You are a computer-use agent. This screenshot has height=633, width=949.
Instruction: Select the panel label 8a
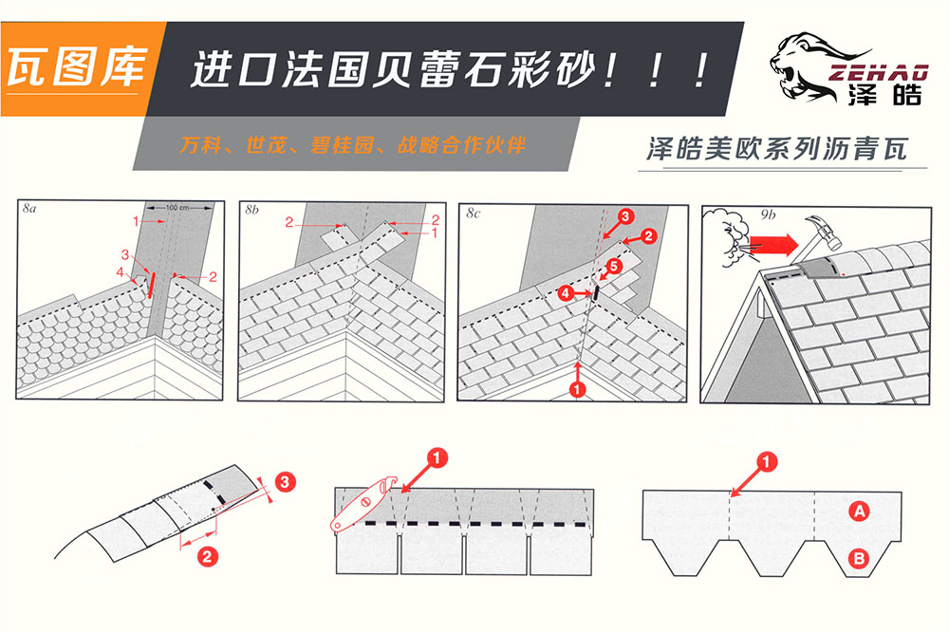30,211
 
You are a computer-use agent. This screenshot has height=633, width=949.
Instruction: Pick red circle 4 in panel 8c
566,294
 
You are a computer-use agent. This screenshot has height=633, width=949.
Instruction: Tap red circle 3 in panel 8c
625,217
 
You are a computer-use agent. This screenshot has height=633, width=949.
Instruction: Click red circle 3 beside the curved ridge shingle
285,484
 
